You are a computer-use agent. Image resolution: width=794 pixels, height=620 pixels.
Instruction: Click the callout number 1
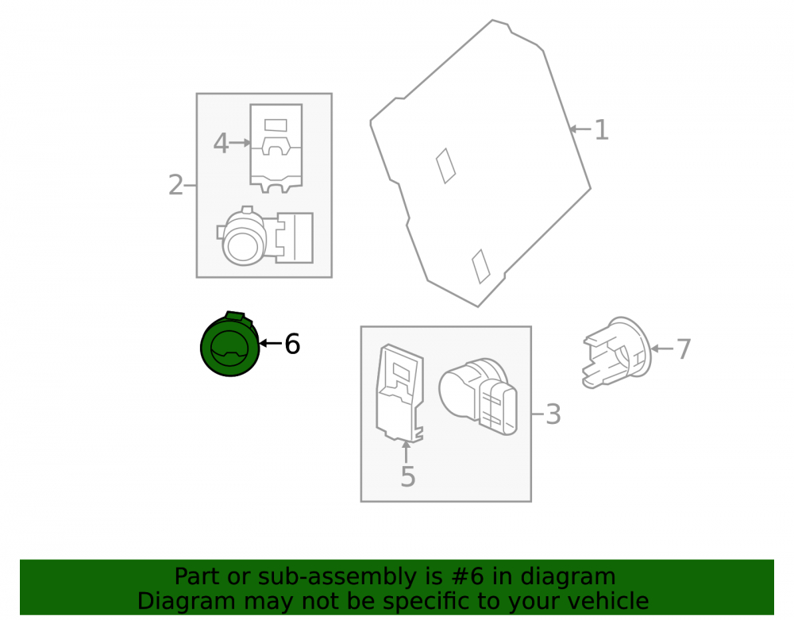[601, 130]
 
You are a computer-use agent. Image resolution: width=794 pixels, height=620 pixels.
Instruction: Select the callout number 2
[175, 185]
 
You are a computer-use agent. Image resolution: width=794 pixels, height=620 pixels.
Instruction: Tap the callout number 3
[553, 414]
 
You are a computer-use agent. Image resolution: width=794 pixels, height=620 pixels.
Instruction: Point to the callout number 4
[221, 143]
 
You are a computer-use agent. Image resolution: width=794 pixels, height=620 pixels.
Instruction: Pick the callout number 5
[408, 477]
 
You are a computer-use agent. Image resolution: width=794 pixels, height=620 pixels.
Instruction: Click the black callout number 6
[292, 345]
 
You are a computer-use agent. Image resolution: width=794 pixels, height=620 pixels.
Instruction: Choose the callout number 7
[684, 349]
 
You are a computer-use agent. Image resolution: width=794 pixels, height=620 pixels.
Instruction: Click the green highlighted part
[230, 345]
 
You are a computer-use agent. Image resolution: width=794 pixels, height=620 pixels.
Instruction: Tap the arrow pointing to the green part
[271, 344]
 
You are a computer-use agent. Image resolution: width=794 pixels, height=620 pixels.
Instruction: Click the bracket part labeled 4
[276, 148]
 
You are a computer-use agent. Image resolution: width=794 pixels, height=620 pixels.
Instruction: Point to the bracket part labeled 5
[399, 393]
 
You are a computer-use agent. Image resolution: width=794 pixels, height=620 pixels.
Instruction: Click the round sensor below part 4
[265, 236]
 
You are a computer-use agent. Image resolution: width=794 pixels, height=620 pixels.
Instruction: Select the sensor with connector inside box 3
[479, 396]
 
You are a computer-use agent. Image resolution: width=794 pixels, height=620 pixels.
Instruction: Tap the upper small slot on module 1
[445, 165]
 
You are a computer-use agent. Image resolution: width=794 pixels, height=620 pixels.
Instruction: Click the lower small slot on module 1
[480, 266]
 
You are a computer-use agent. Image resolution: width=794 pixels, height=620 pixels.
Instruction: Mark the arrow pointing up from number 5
[406, 452]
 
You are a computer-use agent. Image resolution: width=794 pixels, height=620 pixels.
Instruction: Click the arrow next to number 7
[662, 349]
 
